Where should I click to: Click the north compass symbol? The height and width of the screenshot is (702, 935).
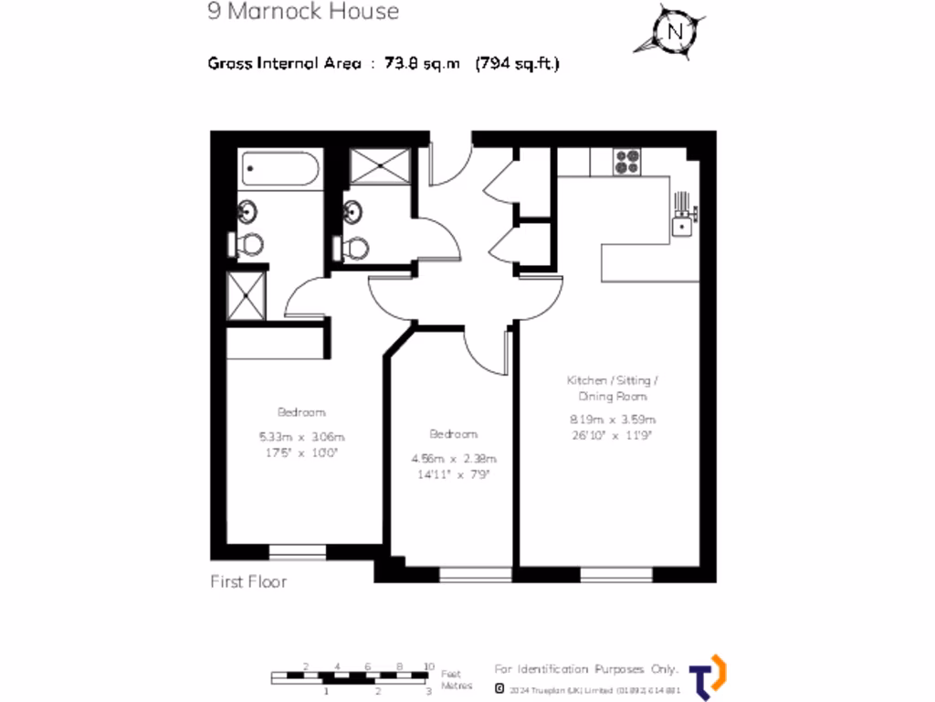click(675, 30)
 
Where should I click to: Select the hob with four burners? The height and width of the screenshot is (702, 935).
click(626, 162)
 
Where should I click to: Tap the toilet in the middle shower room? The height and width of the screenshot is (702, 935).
click(355, 247)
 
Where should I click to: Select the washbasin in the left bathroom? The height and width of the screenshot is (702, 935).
click(247, 213)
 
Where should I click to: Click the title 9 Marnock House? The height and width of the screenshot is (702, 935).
click(302, 12)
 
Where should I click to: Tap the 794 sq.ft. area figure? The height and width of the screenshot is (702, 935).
click(517, 64)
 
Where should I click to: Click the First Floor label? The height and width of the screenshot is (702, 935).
click(248, 581)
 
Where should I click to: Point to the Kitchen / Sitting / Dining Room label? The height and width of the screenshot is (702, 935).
click(613, 388)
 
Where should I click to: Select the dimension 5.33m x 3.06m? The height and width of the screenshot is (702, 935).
click(302, 436)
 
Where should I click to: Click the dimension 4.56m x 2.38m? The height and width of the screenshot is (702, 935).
click(454, 458)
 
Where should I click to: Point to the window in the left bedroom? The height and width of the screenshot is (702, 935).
click(298, 551)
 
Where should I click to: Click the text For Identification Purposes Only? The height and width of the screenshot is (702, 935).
click(586, 669)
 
